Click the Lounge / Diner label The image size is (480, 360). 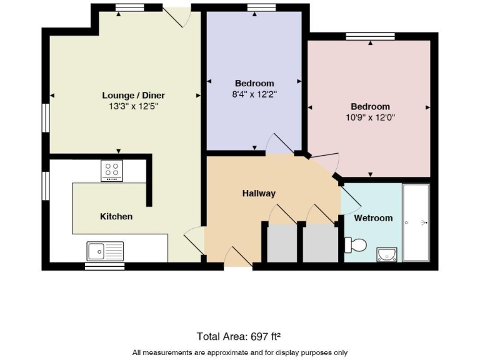point(133,96)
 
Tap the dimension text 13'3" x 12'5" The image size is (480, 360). point(133,106)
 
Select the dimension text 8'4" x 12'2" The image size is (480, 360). point(254,94)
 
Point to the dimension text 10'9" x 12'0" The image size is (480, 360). point(370,117)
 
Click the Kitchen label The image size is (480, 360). point(116,216)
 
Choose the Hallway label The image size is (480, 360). point(259,194)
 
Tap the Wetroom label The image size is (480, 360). point(373,218)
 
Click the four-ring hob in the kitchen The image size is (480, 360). point(112,171)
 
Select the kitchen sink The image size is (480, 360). point(105,251)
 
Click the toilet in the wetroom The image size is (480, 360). point(356,244)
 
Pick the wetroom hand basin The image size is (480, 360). point(387,254)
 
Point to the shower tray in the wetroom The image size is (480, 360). point(416,222)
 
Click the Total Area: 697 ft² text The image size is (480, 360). point(242,336)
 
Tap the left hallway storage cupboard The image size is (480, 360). point(282,243)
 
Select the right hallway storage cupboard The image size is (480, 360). point(319,243)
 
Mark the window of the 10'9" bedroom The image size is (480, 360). point(370,36)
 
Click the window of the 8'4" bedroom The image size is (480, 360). point(255,7)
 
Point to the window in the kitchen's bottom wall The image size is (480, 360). point(104,266)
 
